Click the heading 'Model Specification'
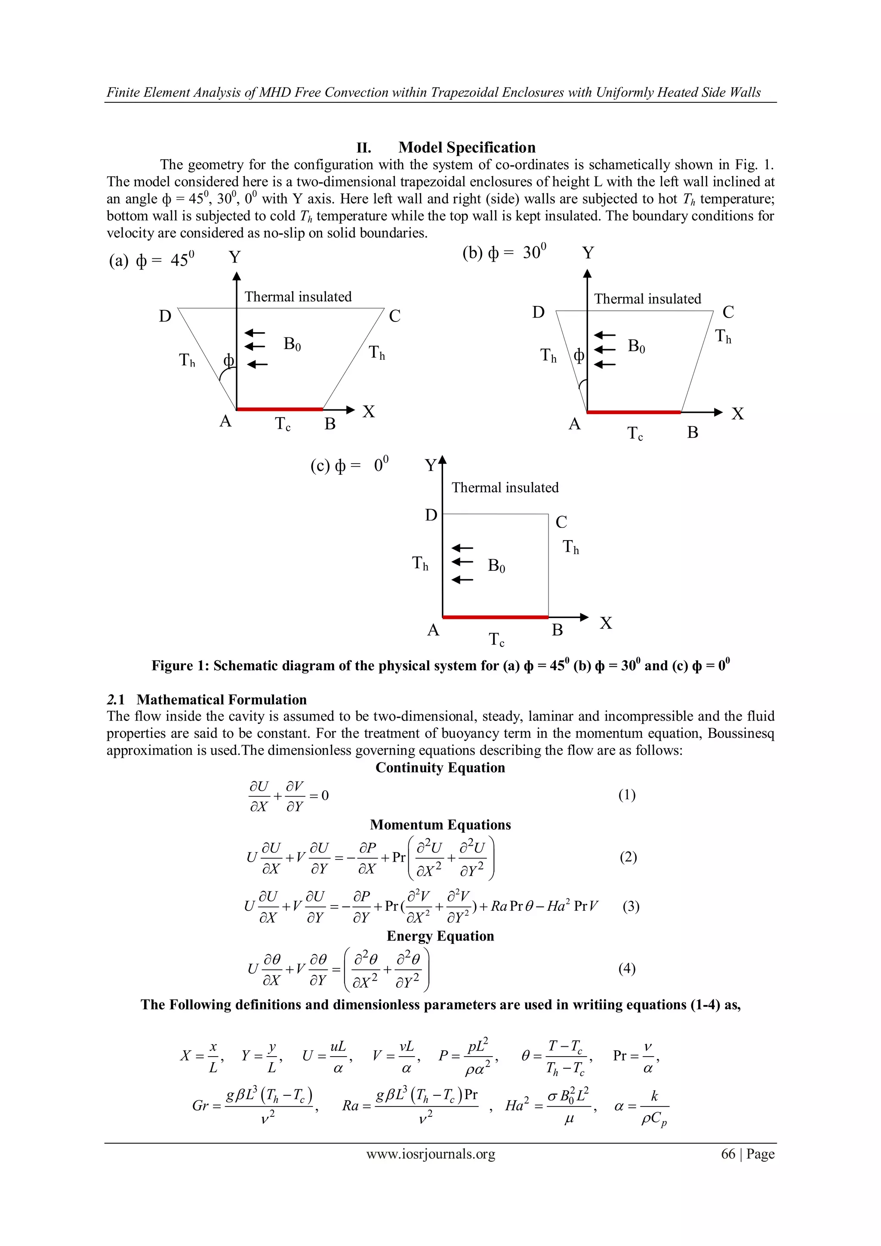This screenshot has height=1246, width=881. [x=467, y=148]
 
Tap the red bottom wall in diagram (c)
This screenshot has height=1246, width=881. [x=495, y=617]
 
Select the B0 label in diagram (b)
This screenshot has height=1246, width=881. [x=636, y=346]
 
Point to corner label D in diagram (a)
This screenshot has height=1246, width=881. [x=165, y=316]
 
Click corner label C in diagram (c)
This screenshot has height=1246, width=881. [x=561, y=522]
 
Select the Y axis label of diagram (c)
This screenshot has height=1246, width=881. [x=430, y=466]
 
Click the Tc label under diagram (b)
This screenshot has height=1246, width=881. [x=635, y=433]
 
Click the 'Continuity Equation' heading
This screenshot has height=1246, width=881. [x=440, y=768]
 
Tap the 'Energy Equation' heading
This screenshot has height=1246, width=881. [x=440, y=936]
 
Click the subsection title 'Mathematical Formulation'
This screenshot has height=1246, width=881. [x=222, y=699]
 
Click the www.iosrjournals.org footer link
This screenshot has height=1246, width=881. [x=431, y=1154]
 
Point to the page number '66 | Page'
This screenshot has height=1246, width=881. [x=748, y=1154]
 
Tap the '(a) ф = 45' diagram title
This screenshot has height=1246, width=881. [x=151, y=260]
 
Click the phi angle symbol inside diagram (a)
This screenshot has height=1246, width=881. [x=229, y=360]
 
